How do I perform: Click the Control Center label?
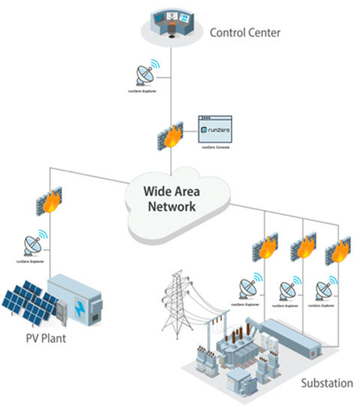(244, 32)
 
